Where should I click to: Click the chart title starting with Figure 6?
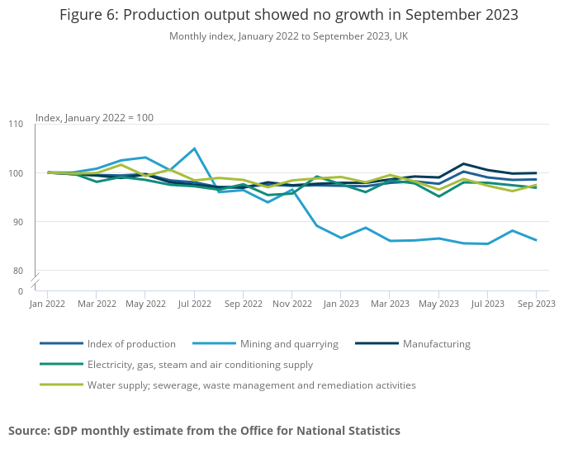point(288,16)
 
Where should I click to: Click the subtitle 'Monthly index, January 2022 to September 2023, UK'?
point(288,36)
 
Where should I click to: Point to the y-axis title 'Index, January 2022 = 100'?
point(94,118)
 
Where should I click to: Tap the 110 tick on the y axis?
point(17,124)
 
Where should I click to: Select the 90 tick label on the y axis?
point(17,222)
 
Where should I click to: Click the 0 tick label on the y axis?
point(21,291)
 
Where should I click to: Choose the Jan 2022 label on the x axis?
point(47,304)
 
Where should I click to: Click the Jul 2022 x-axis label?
point(194,304)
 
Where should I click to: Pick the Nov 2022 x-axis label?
point(291,304)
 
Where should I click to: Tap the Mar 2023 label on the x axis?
point(390,304)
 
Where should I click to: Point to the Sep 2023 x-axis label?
point(536,304)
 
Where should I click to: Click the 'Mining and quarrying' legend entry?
point(289,344)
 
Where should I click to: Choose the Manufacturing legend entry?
point(436,344)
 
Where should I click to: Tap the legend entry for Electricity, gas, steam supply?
point(199,365)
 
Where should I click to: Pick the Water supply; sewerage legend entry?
point(251,385)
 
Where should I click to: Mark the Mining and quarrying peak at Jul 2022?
point(194,149)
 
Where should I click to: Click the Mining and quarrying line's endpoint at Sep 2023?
point(536,240)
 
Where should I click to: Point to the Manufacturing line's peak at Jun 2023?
point(463,164)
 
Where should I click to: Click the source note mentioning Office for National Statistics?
point(204,431)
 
